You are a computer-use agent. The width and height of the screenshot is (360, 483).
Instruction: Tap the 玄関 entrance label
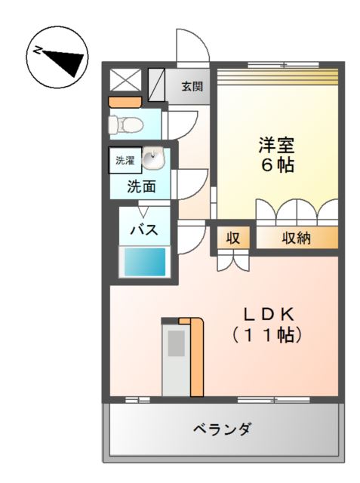coord(192,86)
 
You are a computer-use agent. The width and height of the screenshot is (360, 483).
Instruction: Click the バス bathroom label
coord(143,230)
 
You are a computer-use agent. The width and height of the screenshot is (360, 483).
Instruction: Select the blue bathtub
coord(143,263)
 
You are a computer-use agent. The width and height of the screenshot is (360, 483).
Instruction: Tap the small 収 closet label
coord(233,238)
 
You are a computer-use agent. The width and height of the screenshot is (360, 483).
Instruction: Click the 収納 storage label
coord(297,238)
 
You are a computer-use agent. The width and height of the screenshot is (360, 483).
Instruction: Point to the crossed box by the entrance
coord(122,80)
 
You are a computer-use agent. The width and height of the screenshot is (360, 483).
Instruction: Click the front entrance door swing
coord(192,47)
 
